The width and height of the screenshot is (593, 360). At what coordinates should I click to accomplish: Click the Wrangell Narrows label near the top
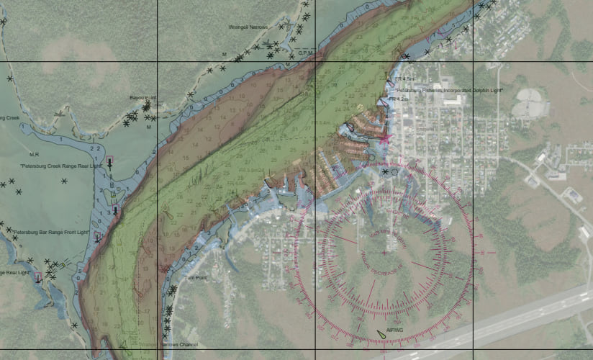tap(248, 27)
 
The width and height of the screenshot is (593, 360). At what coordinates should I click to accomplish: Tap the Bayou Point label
tap(142, 98)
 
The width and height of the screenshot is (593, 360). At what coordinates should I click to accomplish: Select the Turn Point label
tap(196, 278)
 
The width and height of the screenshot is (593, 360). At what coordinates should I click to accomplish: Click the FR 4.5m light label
tap(404, 78)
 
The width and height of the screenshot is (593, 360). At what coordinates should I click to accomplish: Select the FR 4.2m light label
tap(398, 99)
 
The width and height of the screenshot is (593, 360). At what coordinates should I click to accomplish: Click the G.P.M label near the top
tap(305, 53)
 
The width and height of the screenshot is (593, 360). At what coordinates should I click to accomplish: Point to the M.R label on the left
tap(33, 155)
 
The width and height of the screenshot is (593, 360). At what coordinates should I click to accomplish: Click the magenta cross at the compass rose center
tap(384, 252)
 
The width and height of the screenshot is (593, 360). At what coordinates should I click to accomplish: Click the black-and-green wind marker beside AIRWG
tap(381, 333)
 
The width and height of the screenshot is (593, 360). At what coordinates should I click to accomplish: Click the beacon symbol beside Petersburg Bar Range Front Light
tap(97, 236)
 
